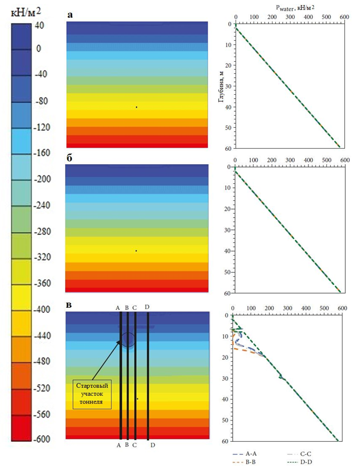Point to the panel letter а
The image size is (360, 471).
[x=70, y=15]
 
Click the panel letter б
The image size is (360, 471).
[x=70, y=159]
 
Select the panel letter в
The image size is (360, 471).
[x=70, y=304]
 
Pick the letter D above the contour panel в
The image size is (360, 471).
[x=147, y=307]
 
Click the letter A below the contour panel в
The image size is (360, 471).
[x=118, y=445]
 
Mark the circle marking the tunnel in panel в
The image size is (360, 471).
[x=128, y=340]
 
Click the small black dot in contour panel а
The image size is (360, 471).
[x=136, y=107]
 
